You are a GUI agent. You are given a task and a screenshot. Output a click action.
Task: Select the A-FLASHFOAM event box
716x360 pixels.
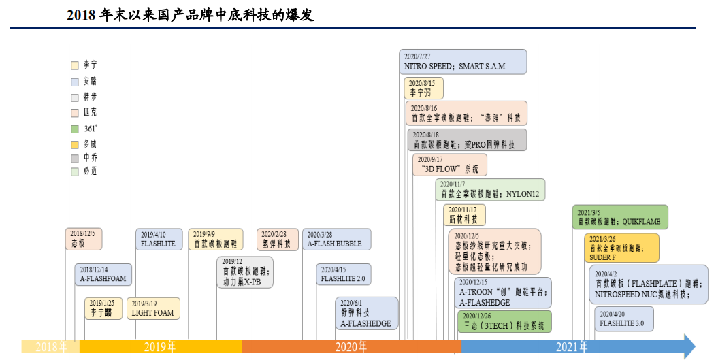coord(103,274)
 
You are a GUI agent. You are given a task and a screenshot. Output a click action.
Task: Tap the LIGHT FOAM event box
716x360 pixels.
coord(153,308)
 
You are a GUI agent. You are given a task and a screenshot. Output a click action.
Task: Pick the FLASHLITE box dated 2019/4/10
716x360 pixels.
coord(159,239)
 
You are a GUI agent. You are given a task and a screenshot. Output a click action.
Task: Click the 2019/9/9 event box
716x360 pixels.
coord(216,239)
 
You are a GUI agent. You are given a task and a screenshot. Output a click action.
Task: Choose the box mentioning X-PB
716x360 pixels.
coord(245,272)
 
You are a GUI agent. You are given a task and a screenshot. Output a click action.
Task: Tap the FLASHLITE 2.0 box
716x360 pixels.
coord(344,274)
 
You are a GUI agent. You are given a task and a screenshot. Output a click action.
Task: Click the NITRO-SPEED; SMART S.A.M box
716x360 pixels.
coord(463,61)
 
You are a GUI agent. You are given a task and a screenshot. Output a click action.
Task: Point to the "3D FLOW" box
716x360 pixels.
coord(450,164)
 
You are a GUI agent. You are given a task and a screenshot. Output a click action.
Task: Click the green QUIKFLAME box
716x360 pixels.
coord(620,216)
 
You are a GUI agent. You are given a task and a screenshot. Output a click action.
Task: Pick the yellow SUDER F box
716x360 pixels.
coord(621,248)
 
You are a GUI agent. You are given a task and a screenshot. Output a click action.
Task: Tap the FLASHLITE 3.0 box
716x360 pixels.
coord(623,318)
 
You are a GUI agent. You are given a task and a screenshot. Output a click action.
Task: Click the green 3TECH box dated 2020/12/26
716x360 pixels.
coord(504,321)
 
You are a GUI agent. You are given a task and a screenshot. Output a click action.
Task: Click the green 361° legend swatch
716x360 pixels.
coord(75,128)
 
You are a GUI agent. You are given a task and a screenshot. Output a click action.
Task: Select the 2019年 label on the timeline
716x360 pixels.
coord(160,346)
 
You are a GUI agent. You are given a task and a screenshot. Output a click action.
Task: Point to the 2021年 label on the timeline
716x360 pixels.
coord(572,346)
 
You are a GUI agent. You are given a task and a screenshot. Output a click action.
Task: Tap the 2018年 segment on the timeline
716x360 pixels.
coord(50,346)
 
